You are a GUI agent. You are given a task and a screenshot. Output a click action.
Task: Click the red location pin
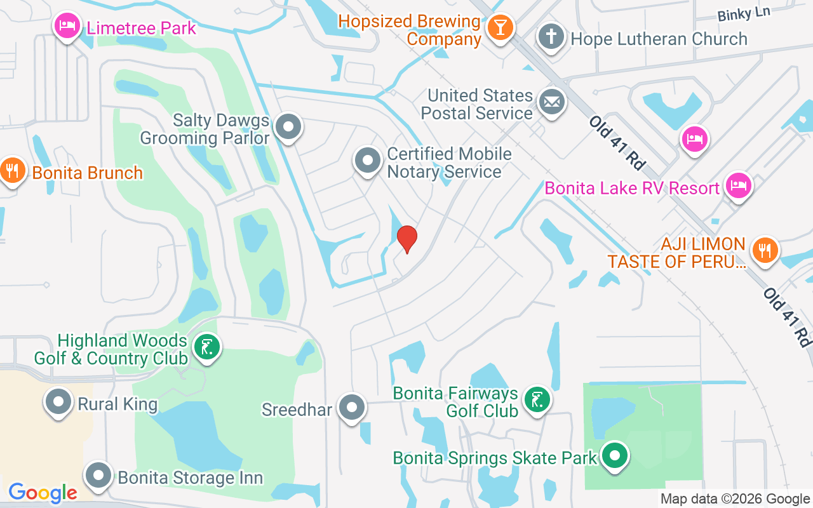click(x=406, y=239)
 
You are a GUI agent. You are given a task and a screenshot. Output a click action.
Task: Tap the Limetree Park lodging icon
click(x=67, y=26)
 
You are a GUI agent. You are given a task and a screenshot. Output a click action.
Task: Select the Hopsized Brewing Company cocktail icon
click(x=501, y=28)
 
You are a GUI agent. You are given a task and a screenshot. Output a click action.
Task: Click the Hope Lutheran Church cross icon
click(x=551, y=37)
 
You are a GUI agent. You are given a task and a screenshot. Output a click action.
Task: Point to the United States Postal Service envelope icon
click(x=551, y=102)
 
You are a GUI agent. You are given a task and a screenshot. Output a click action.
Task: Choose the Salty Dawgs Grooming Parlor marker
click(x=289, y=126)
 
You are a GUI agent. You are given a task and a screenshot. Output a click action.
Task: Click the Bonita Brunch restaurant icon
click(x=12, y=170)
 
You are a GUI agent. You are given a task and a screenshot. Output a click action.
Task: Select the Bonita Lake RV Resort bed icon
click(x=739, y=185)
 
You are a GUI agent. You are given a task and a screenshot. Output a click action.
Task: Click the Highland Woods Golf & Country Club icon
click(x=207, y=347)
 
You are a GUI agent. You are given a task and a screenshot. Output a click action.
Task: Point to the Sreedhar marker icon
click(x=351, y=408)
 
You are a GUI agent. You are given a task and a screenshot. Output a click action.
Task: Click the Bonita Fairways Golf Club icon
click(x=537, y=399)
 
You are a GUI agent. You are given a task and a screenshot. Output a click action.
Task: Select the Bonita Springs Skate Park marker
click(x=614, y=455)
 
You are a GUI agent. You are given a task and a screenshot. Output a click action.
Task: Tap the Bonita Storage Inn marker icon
click(x=98, y=475)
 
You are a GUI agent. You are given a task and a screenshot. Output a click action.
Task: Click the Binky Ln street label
click(x=744, y=15)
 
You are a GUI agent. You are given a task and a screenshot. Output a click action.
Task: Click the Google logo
click(x=43, y=493)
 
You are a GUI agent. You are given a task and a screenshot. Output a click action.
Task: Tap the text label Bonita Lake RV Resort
click(x=632, y=188)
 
